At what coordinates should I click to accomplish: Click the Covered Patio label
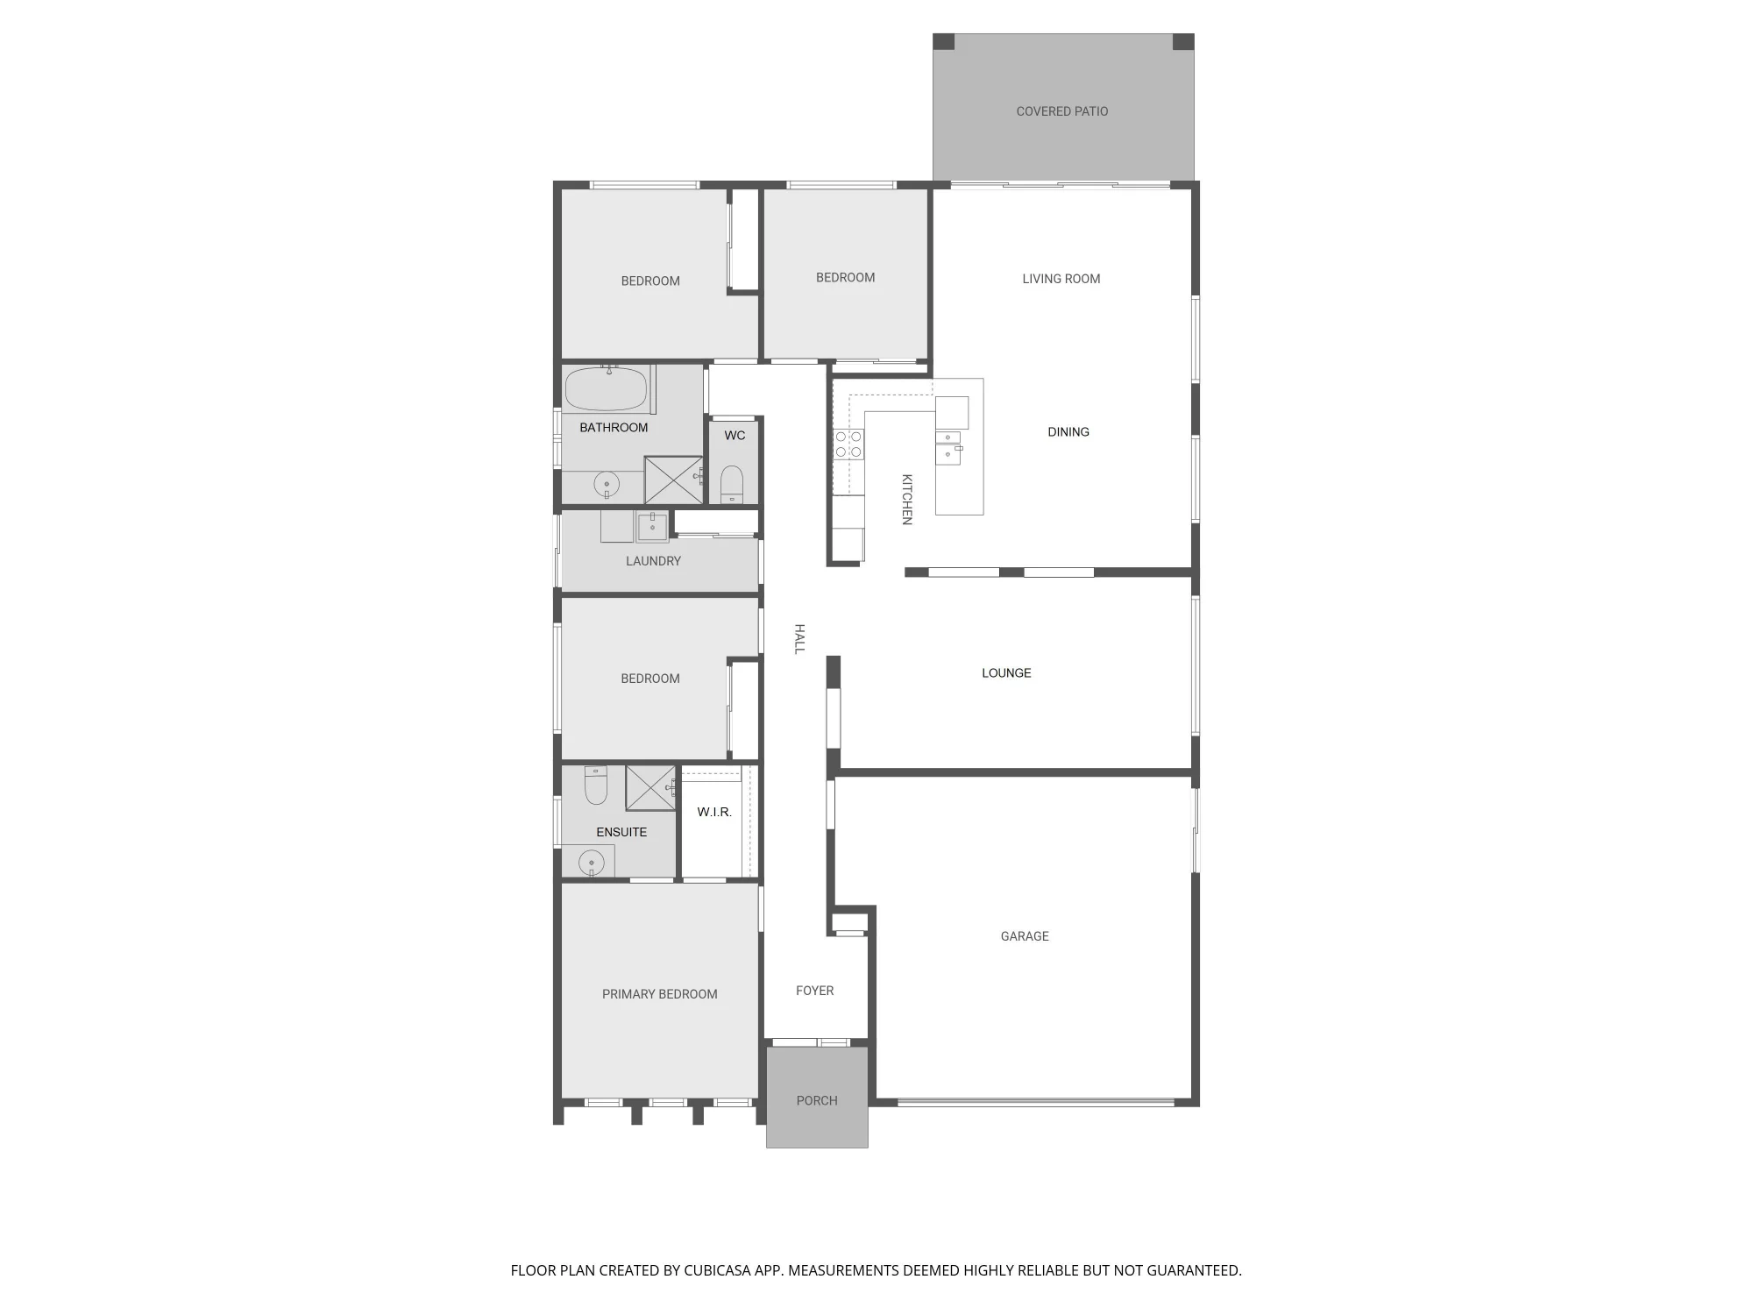point(1061,111)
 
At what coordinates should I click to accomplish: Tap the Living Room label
point(1061,279)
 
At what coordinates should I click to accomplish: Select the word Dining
point(1068,431)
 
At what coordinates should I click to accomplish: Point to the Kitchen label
point(907,500)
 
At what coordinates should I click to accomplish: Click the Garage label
point(1025,936)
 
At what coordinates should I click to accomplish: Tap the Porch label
point(817,1100)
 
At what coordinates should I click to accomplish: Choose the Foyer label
point(814,991)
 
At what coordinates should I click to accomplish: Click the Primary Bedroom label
point(659,994)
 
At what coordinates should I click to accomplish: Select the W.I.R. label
point(714,812)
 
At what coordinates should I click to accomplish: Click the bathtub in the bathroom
point(606,389)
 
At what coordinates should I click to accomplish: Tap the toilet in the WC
point(732,485)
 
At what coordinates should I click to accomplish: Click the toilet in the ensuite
point(596,785)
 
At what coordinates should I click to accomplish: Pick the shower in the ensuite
point(650,787)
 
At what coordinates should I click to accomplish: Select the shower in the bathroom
point(673,480)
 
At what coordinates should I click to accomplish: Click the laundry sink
point(652,527)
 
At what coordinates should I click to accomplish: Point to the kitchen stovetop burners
point(848,444)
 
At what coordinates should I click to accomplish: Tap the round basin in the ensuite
point(592,863)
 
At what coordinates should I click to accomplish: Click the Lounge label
point(1006,673)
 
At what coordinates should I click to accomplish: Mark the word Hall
point(799,638)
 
